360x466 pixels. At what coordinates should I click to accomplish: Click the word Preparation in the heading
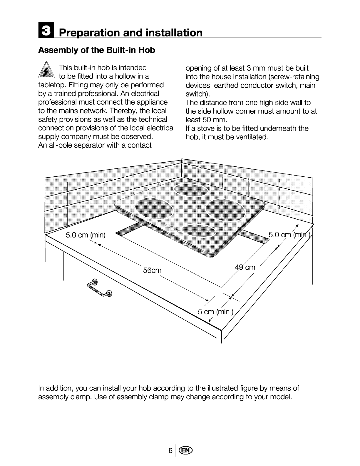click(x=90, y=33)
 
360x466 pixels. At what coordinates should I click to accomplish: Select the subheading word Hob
click(x=147, y=50)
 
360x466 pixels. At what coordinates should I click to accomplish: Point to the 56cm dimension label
click(x=152, y=270)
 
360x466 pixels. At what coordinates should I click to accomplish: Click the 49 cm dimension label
click(x=245, y=267)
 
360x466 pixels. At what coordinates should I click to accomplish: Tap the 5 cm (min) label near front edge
click(x=215, y=312)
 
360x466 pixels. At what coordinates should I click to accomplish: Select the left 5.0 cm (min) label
click(x=85, y=235)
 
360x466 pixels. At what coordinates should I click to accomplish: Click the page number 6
click(x=170, y=450)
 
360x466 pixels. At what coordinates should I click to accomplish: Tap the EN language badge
click(x=186, y=450)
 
